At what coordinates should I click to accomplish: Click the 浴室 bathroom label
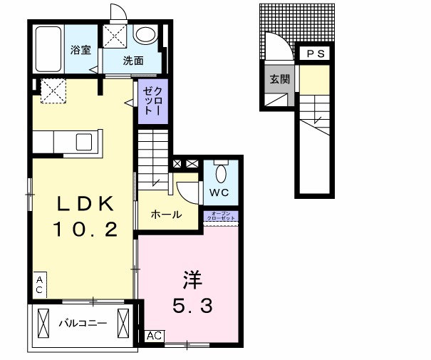tap(80, 50)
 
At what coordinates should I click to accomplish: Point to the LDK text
tap(85, 205)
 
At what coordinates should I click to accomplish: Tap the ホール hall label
tap(166, 215)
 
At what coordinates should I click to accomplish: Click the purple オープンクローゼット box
tap(222, 216)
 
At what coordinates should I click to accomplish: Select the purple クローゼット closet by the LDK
tap(153, 101)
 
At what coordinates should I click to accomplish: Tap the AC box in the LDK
tap(40, 285)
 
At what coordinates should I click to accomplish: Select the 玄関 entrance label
tap(279, 79)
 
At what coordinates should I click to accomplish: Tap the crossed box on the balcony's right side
tap(126, 323)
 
